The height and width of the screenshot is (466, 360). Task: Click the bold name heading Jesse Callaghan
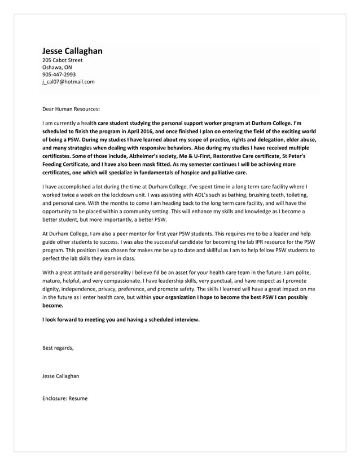tap(72, 51)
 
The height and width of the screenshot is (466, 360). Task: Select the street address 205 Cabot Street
tap(62, 60)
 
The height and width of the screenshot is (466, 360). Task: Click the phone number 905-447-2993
tap(59, 74)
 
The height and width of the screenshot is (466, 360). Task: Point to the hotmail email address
tap(68, 81)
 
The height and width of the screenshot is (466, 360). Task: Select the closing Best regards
tap(58, 348)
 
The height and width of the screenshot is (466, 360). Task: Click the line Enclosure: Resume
tap(65, 398)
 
